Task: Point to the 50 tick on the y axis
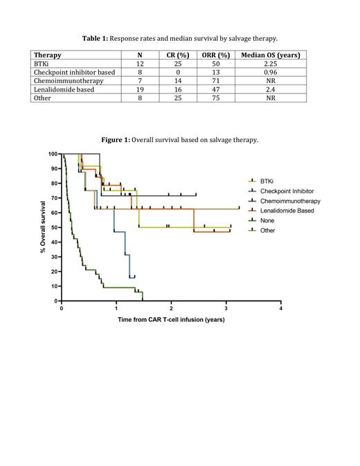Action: [x=53, y=227]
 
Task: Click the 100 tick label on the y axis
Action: [x=51, y=154]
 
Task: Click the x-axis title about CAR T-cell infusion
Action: [x=171, y=319]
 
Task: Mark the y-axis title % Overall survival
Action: [x=43, y=227]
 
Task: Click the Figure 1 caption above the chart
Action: [x=179, y=140]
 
